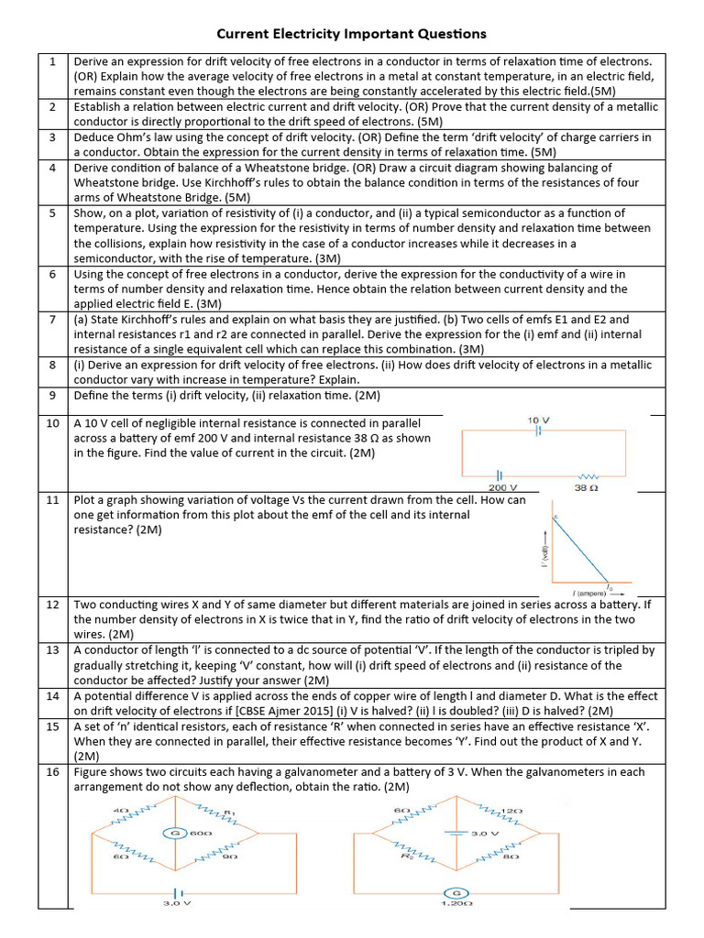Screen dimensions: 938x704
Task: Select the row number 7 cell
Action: (53, 320)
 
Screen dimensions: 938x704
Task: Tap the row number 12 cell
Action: (52, 605)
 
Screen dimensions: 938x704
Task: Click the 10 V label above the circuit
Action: (539, 419)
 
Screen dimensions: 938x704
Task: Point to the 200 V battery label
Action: (500, 487)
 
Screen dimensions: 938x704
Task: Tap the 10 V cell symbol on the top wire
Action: (539, 431)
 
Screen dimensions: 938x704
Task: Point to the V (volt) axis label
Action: (544, 553)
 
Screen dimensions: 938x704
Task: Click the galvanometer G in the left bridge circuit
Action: (170, 833)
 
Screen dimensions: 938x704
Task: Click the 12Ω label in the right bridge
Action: (511, 811)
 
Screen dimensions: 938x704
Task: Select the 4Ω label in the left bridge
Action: (119, 811)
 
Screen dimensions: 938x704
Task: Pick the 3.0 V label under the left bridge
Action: (174, 903)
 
